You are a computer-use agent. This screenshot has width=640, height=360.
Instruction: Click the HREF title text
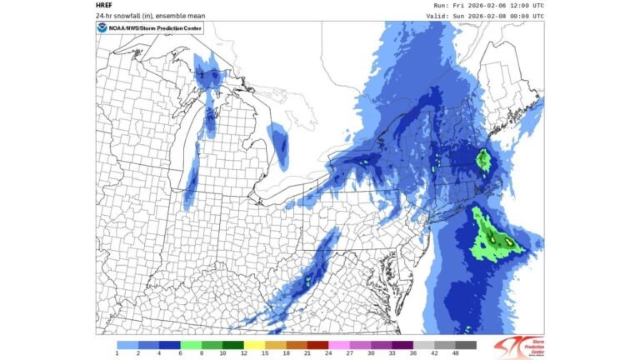click(105, 5)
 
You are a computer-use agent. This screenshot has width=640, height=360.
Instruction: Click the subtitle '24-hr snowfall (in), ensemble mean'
click(143, 15)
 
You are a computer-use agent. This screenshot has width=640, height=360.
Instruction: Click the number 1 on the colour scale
click(117, 354)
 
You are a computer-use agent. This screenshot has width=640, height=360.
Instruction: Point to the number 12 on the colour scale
click(243, 354)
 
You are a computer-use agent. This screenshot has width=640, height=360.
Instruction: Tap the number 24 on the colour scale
click(328, 354)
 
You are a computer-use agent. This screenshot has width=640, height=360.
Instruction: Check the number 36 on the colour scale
click(413, 354)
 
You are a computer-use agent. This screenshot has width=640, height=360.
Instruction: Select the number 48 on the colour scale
click(456, 354)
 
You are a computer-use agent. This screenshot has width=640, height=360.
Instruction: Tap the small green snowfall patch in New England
click(482, 157)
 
